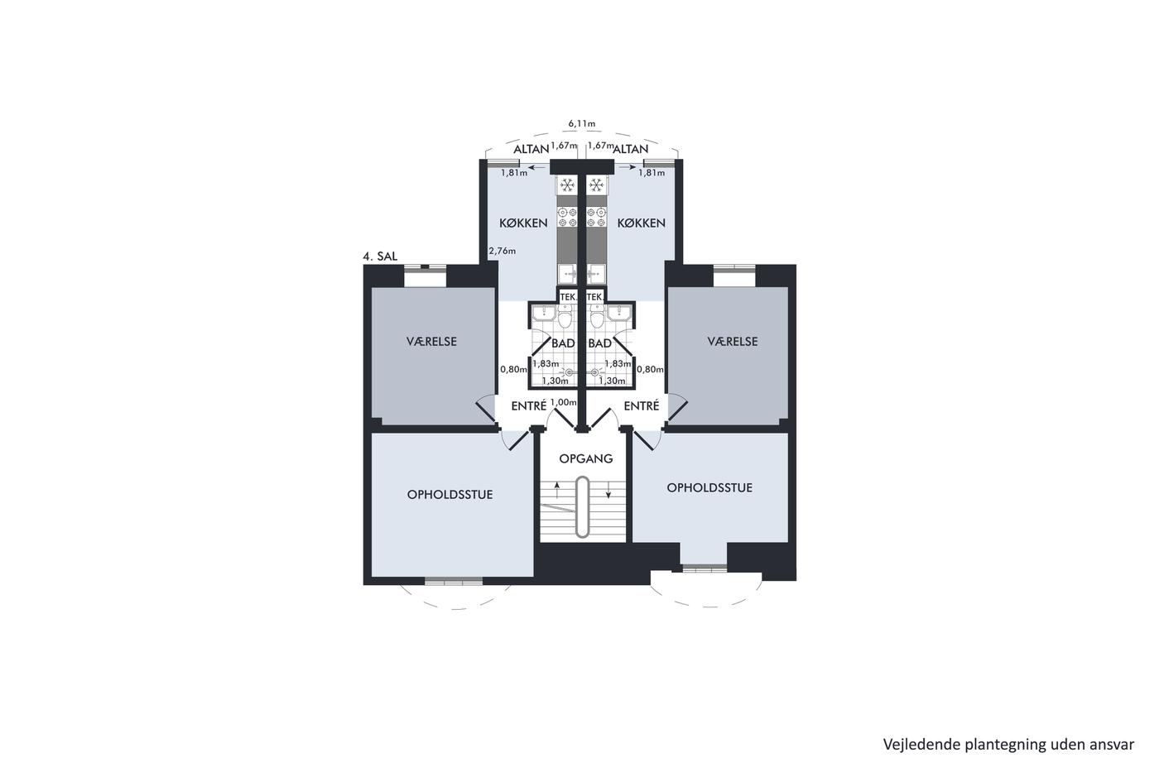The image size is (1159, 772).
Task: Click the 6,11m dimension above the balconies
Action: (x=581, y=123)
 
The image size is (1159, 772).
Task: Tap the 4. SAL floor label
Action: (x=380, y=257)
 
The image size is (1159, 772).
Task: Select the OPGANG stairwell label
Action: (x=586, y=458)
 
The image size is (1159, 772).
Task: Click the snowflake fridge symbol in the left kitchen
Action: (x=568, y=185)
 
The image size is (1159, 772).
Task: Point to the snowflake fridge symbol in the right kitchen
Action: (x=597, y=185)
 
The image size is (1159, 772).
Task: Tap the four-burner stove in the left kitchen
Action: (x=567, y=217)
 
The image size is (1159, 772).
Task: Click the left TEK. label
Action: (x=568, y=297)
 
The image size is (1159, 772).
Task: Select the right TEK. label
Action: (x=594, y=297)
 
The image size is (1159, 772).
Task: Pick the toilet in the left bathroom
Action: (x=565, y=316)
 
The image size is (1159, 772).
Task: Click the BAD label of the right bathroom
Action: (x=600, y=343)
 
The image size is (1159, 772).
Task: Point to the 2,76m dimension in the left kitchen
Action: (x=503, y=252)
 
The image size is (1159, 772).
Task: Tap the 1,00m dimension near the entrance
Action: (x=563, y=402)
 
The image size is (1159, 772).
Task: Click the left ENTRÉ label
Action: (x=529, y=406)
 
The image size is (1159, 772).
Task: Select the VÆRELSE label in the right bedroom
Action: (x=733, y=342)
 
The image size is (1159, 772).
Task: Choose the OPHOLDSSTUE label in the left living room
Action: (x=450, y=495)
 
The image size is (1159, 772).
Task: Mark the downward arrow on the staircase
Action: (x=608, y=490)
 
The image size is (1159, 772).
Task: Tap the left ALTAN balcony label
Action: (x=531, y=150)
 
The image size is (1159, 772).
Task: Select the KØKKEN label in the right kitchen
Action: (x=641, y=223)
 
